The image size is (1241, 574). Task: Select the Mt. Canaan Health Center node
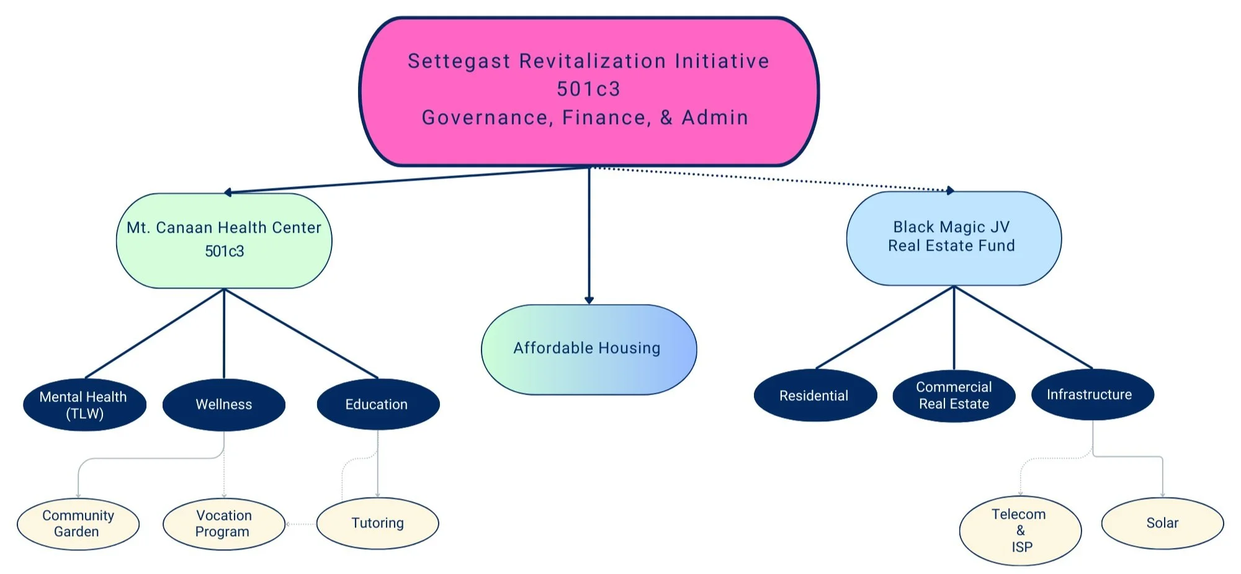pos(224,240)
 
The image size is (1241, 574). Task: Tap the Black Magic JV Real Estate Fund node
pos(953,238)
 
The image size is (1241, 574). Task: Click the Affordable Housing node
pos(588,349)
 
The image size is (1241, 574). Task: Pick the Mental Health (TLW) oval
pos(84,405)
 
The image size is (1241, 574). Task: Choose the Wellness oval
pos(223,405)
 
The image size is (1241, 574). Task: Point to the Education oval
pos(377,405)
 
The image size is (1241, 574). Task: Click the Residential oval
pos(815,396)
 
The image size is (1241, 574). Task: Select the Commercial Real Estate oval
pos(954,396)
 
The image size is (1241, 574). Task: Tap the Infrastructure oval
pos(1092,395)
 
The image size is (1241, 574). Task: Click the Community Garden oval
pos(78,524)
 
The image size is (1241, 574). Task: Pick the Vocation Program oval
pos(223,524)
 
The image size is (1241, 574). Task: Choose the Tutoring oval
pos(377,523)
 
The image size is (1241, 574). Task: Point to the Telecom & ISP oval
pos(1020,531)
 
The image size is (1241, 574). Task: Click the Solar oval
pos(1162,523)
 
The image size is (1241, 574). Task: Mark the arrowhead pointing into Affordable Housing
pos(589,300)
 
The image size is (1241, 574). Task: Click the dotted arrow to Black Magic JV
pos(769,179)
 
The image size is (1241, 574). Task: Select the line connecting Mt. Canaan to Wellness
pos(224,335)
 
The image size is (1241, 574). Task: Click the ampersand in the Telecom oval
pos(1021,531)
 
